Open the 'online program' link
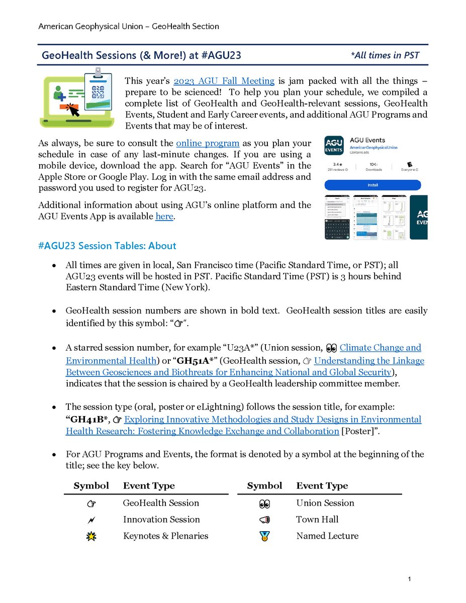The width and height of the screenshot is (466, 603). pos(208,143)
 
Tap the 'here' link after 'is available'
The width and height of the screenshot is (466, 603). pos(164,217)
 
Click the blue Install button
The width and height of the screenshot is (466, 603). pos(372,185)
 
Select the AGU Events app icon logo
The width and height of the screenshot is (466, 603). pos(334,145)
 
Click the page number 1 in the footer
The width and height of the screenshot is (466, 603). pos(411,580)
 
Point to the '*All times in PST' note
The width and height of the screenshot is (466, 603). pos(385,55)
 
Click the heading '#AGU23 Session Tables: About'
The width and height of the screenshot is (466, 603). pos(107,246)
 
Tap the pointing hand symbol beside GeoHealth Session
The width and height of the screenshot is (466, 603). pos(91,503)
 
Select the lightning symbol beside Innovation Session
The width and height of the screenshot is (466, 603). pos(91,520)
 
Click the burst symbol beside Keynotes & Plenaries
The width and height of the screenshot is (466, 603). pos(91,536)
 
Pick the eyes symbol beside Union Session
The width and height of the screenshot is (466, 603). pos(264,503)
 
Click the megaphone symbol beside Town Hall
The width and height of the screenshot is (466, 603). pos(264,520)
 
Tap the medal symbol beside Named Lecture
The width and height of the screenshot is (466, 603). pos(264,536)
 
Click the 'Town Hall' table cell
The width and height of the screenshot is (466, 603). pos(317,520)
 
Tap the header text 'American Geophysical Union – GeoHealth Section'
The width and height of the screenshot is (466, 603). pos(129,26)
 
